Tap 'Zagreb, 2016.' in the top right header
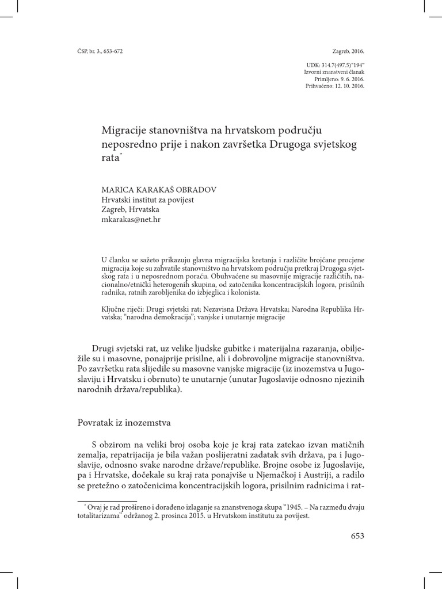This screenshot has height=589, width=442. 349,51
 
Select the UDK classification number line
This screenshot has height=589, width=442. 333,66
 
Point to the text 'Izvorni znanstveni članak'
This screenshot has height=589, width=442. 334,72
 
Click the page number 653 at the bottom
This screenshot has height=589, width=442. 357,536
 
